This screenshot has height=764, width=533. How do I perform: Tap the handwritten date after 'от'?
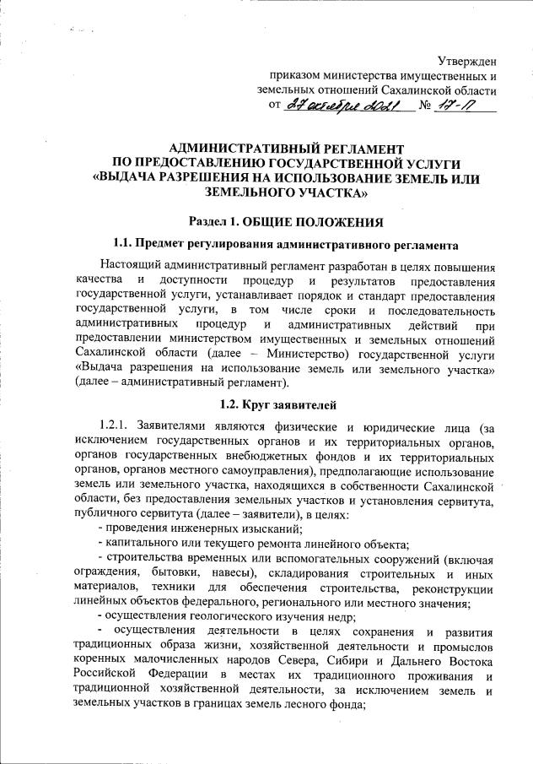tap(347, 106)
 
